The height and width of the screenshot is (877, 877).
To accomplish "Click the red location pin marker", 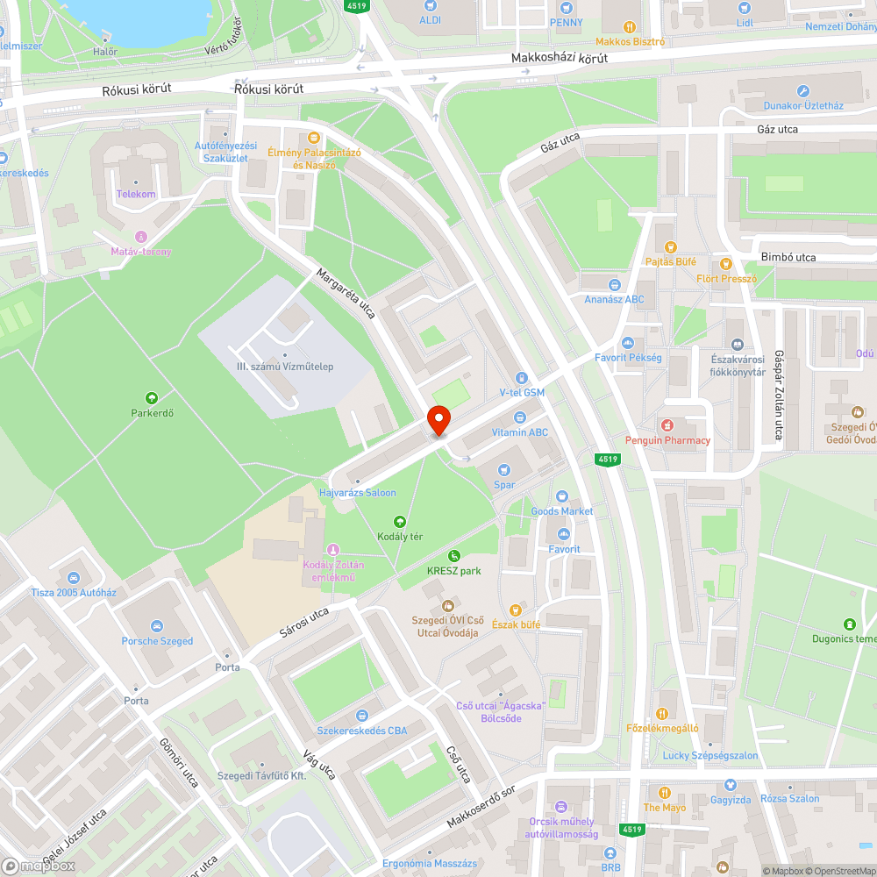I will click(x=438, y=421).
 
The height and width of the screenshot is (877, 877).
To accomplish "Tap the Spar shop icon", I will click(x=503, y=470).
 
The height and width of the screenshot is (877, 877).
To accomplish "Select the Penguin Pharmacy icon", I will click(x=667, y=425).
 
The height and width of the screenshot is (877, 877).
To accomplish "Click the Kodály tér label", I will click(x=401, y=535).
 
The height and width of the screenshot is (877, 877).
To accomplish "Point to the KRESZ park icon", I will click(x=453, y=556).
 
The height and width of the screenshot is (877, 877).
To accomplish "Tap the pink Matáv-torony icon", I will click(x=141, y=238).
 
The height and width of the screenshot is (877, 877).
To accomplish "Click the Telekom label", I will click(x=136, y=194).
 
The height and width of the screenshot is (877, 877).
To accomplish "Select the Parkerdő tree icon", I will click(x=152, y=398).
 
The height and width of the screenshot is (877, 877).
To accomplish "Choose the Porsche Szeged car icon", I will click(x=157, y=626).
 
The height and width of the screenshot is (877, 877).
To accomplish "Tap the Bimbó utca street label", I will click(x=788, y=257).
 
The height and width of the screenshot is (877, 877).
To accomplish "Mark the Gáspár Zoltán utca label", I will click(x=778, y=395).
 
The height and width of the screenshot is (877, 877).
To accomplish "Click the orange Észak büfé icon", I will click(x=516, y=610).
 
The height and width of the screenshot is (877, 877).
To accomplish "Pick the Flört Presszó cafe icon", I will click(x=725, y=263).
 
